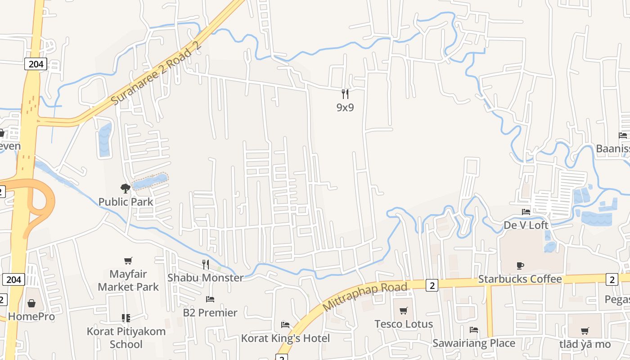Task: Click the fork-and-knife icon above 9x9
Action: point(345,94)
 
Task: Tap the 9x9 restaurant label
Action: point(345,107)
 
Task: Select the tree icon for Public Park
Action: point(126,188)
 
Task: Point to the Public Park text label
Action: point(126,202)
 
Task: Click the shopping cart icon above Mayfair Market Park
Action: point(128,261)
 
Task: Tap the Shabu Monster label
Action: point(205,278)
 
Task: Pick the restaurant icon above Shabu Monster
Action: point(206,264)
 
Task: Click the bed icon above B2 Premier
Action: point(210,299)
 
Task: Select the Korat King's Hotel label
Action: point(285,338)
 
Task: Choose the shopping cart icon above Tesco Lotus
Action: point(404,310)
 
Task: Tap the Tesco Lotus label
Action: point(404,324)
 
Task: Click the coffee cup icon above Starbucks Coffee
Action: point(520,265)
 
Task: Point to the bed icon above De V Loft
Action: point(526,211)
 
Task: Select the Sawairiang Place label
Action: point(474,343)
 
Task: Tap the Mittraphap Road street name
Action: point(365,296)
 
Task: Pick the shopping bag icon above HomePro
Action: point(31,303)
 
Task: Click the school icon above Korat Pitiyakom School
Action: point(126,318)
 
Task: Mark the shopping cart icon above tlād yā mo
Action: point(585,331)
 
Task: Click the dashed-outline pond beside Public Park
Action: point(150,181)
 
